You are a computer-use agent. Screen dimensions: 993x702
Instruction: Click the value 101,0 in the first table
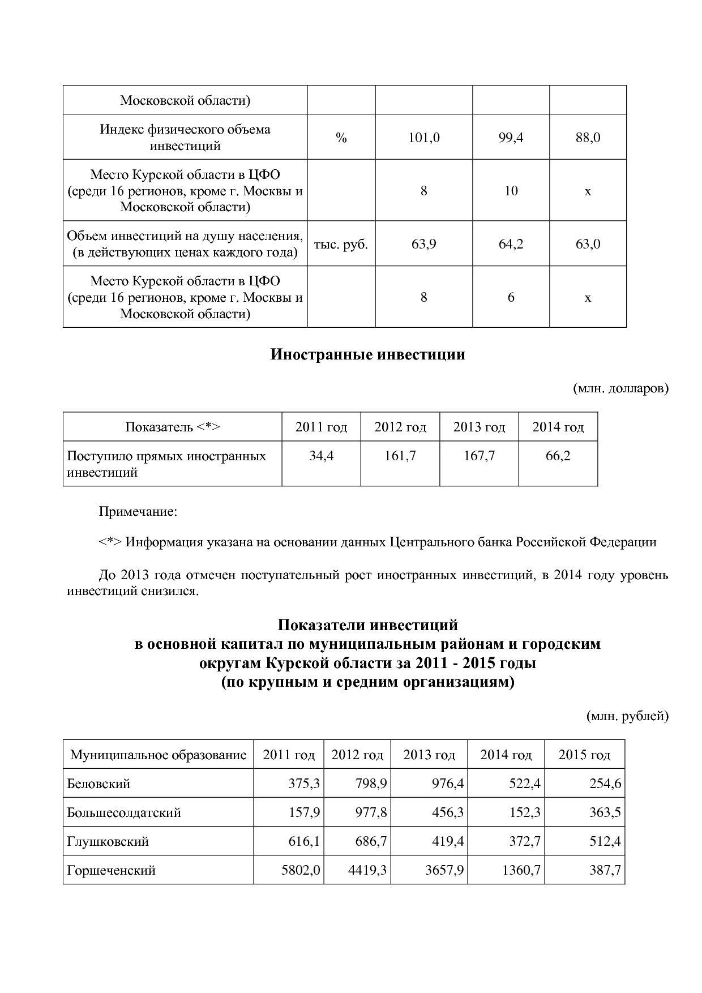click(423, 138)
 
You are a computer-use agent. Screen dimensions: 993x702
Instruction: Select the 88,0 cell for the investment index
click(588, 138)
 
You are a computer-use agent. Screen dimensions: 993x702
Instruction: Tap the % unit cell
click(341, 138)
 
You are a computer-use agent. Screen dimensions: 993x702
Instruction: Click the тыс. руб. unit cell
click(341, 244)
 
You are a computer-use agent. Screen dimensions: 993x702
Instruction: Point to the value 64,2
click(511, 244)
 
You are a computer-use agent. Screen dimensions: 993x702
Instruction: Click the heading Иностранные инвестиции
click(367, 355)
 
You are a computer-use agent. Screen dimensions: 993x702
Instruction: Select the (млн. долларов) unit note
click(620, 388)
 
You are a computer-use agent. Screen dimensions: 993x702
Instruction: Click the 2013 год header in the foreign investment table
click(479, 427)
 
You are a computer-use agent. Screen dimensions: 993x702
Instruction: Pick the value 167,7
click(479, 456)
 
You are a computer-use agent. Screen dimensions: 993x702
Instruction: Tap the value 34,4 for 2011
click(321, 456)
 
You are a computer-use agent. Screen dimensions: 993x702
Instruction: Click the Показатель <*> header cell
click(172, 427)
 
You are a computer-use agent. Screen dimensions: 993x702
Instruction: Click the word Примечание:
click(138, 512)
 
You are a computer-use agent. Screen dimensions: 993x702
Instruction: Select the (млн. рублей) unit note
click(627, 716)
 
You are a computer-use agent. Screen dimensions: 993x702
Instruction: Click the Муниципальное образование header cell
click(158, 755)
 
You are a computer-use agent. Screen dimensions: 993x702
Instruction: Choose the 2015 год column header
click(584, 755)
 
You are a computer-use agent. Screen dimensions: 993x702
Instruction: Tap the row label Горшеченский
click(111, 870)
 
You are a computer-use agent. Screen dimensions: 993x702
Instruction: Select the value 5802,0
click(301, 870)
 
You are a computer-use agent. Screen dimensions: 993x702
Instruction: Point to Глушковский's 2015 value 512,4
click(605, 841)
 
